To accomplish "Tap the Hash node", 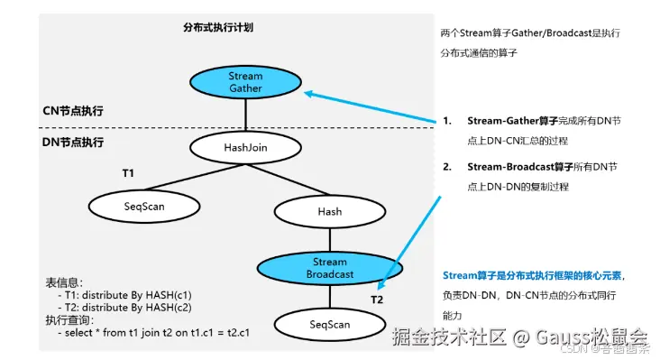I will tap(329, 211).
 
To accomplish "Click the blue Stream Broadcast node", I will tap(329, 267).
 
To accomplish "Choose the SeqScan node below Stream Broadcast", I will tap(329, 323).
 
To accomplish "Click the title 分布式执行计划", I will tap(217, 27).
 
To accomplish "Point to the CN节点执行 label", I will tap(74, 111).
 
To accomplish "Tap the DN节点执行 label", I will tap(74, 142).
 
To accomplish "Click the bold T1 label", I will tap(128, 171).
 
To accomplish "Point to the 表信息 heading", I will tap(63, 282).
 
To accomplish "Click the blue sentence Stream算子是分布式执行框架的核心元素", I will tap(533, 274).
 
